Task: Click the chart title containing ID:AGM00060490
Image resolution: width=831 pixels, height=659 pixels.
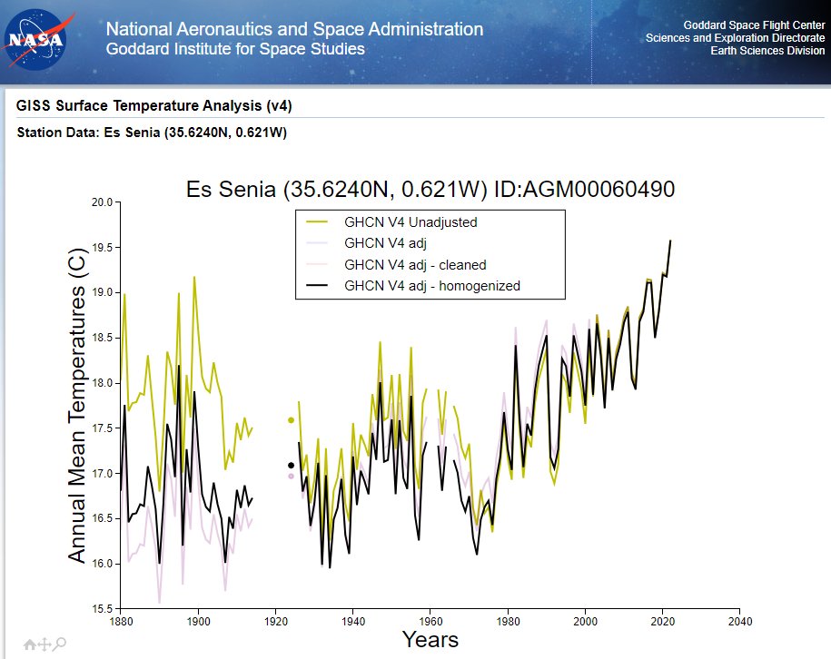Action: click(430, 190)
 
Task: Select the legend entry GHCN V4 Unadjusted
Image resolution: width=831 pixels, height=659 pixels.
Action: click(410, 221)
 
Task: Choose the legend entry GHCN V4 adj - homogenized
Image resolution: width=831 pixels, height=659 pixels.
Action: click(431, 287)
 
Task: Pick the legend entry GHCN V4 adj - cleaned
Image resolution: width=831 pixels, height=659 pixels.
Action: click(415, 265)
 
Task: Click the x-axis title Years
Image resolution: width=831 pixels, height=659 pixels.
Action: click(430, 641)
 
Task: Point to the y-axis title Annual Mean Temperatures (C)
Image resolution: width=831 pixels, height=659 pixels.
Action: click(77, 405)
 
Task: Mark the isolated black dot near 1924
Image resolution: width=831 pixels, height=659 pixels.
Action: click(291, 466)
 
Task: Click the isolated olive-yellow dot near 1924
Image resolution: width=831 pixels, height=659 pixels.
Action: click(291, 420)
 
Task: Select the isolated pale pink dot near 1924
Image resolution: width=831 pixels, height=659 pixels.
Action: click(291, 476)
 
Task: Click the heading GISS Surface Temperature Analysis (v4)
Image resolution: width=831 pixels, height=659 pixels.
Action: click(153, 106)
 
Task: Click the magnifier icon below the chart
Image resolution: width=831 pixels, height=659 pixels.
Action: click(60, 644)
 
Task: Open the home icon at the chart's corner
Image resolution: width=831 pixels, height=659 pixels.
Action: click(30, 644)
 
